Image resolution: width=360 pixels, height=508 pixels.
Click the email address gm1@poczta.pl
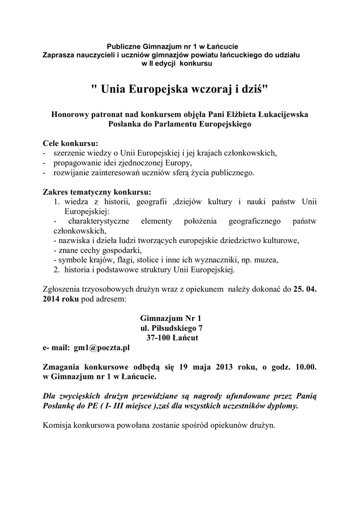101,348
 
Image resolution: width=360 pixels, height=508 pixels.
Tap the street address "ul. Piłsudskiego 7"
171,328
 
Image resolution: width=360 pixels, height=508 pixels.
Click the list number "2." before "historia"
57,270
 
